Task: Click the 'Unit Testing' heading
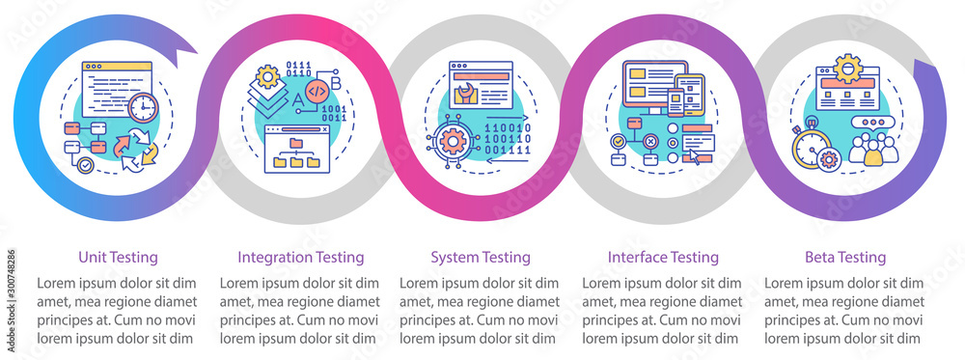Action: point(118,258)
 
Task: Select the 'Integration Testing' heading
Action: point(301,258)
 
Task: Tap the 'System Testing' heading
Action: point(481,258)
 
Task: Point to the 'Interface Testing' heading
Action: point(663,258)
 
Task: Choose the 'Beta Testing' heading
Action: point(844,258)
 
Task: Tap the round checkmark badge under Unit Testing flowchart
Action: point(87,166)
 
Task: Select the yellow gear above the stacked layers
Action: point(269,74)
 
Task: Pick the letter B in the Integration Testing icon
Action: point(336,80)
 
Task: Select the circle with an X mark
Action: point(651,142)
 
